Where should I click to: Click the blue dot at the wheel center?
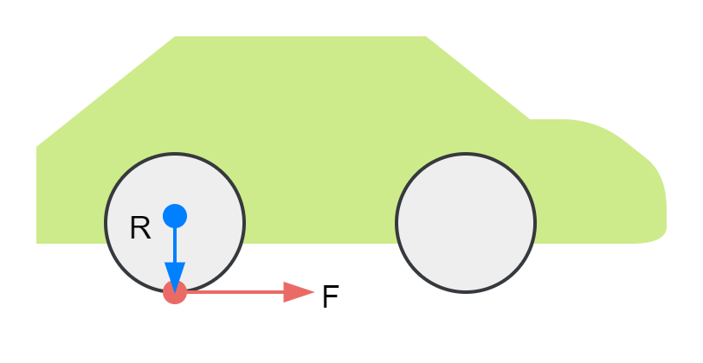[x=175, y=216]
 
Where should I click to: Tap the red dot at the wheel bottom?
[x=175, y=292]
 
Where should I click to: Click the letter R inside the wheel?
[x=140, y=228]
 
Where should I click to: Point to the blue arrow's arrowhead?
[x=175, y=277]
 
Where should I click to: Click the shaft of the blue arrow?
[x=175, y=245]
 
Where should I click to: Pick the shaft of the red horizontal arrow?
[x=234, y=292]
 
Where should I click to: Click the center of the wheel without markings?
[x=466, y=223]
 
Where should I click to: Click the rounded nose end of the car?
[x=663, y=199]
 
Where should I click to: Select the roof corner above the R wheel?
[x=176, y=37]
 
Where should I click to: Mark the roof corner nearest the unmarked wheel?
[x=427, y=37]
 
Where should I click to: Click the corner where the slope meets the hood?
[x=530, y=119]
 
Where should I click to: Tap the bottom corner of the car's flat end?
[x=37, y=242]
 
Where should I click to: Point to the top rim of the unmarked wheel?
[x=466, y=155]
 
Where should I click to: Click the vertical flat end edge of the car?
[x=36, y=194]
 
